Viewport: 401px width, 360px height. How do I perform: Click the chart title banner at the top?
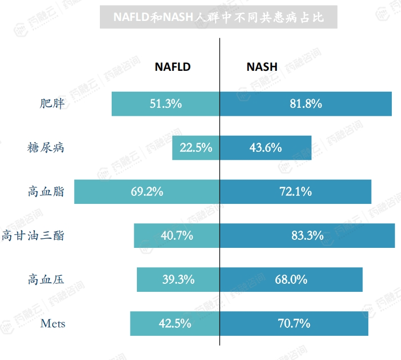pos(218,17)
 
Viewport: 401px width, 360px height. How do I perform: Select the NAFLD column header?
pos(173,67)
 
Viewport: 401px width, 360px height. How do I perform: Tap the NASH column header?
pos(262,67)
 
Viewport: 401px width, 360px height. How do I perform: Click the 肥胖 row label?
pos(52,104)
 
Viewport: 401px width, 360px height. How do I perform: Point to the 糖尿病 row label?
pos(46,148)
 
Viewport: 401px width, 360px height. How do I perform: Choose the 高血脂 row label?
pos(46,192)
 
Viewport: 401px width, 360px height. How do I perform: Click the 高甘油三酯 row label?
pos(33,236)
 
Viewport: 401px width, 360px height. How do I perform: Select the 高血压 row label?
pos(46,280)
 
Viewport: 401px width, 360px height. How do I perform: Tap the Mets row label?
pos(53,324)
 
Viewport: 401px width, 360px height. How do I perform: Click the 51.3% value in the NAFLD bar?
pos(165,104)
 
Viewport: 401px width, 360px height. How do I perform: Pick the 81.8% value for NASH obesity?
pos(305,104)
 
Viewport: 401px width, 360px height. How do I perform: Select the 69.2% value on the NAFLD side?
pos(147,192)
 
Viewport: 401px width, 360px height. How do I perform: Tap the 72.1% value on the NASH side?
pos(295,192)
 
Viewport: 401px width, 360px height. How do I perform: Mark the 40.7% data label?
pos(177,236)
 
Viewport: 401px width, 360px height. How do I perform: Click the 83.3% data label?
pos(307,236)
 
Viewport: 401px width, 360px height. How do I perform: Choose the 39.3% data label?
pos(178,280)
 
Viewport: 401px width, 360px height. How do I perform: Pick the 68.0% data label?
pos(291,280)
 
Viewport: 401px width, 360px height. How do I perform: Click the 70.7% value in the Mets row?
pos(294,324)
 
